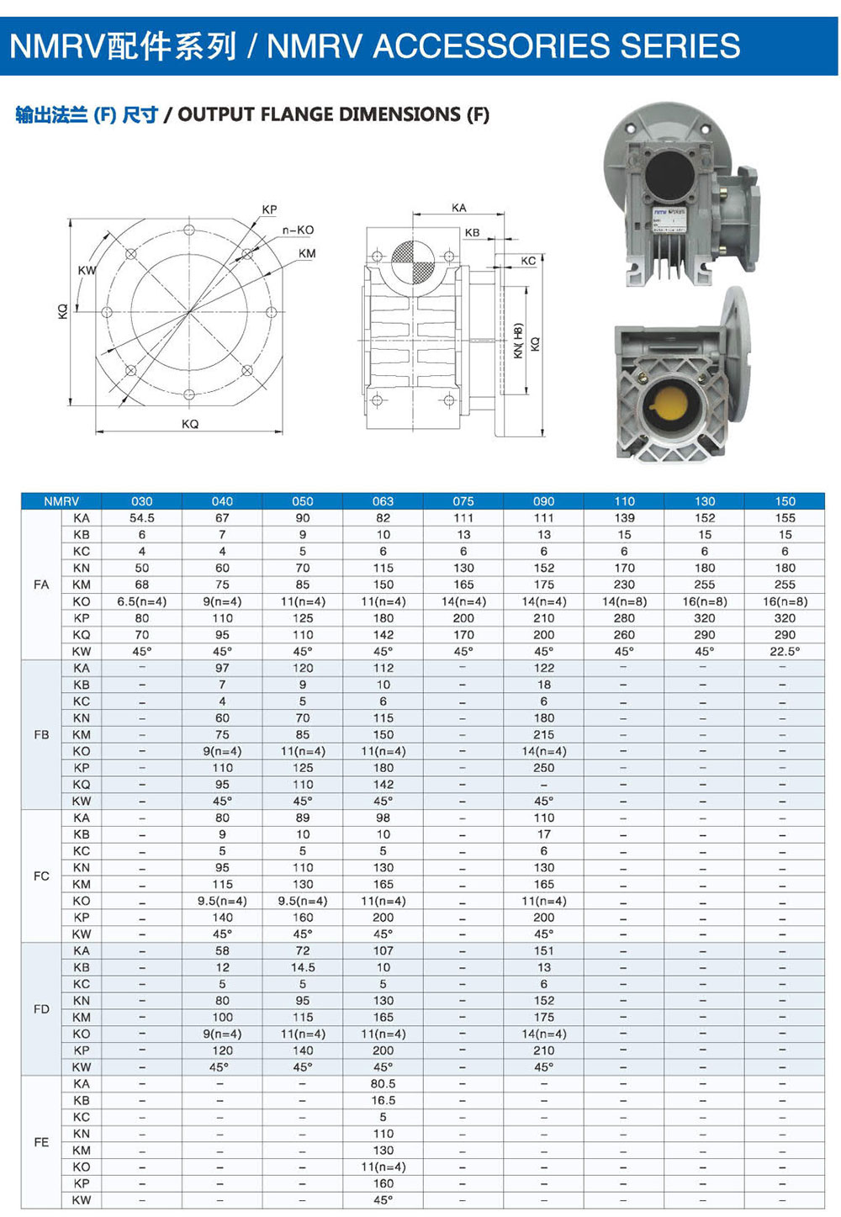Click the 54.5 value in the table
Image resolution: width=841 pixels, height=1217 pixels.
point(142,518)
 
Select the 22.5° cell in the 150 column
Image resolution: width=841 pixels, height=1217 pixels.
point(785,651)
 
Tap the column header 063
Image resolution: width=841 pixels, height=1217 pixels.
point(383,501)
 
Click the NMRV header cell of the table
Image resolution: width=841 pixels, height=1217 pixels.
point(61,501)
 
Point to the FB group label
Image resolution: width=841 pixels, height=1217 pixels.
point(41,734)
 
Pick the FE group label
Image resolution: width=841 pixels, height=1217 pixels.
point(41,1142)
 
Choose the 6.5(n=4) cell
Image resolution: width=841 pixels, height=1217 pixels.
point(142,601)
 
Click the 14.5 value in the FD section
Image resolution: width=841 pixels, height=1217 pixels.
point(303,967)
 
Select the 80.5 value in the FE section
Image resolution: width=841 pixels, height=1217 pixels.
point(383,1084)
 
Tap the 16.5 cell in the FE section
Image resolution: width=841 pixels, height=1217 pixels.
point(383,1100)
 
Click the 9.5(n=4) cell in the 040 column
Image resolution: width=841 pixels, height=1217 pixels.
point(222,901)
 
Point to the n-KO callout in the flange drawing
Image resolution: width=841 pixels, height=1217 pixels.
point(298,230)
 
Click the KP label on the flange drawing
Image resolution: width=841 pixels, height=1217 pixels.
point(269,209)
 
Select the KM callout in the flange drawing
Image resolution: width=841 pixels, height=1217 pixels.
point(307,253)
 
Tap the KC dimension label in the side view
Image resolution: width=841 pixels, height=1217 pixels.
point(528,261)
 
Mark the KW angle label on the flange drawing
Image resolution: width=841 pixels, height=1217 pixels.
point(87,270)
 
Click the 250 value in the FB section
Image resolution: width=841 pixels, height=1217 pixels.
point(543,768)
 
